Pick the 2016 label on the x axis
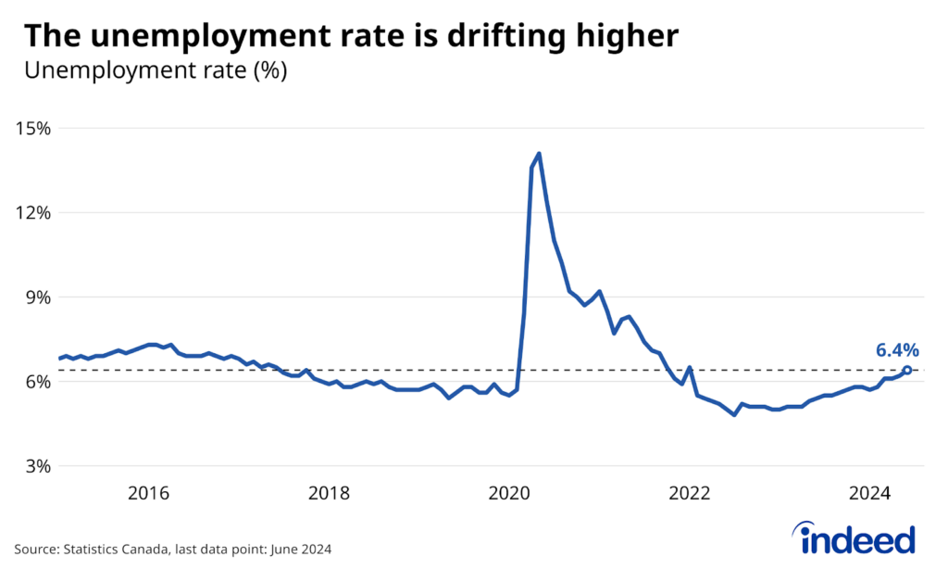(x=148, y=492)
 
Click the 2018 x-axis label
(x=329, y=492)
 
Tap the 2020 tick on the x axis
(x=509, y=492)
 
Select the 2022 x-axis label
(x=690, y=492)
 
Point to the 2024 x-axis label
(x=870, y=492)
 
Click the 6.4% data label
(x=897, y=350)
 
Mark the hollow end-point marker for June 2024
(x=906, y=371)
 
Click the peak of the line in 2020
(x=539, y=154)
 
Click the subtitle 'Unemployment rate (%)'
(x=156, y=71)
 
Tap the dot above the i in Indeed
(x=801, y=525)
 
